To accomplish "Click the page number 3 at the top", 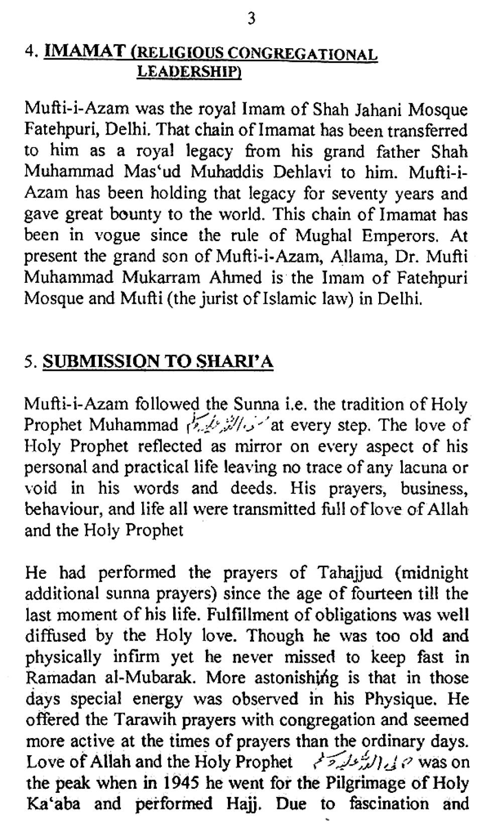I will coord(252,19).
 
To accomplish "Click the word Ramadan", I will coord(55,678).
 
